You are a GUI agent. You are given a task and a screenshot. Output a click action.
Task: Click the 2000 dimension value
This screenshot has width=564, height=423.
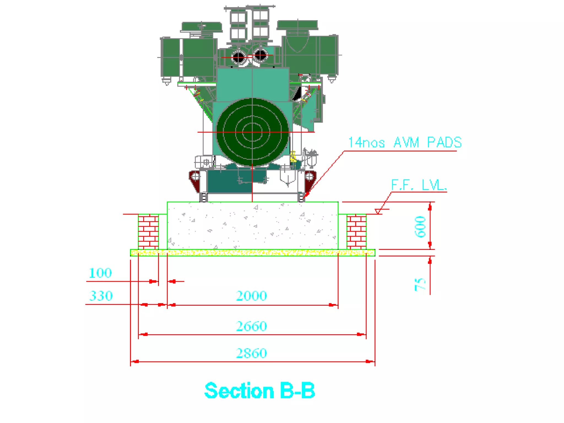coord(251,296)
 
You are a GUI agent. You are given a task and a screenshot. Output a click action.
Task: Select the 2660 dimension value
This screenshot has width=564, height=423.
coord(251,326)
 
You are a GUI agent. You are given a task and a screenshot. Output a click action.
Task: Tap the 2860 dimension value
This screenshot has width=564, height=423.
coord(251,353)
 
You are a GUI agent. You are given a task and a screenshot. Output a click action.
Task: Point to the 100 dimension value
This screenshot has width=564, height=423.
coord(100,273)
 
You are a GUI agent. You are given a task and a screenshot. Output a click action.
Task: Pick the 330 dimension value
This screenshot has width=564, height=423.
coord(101,296)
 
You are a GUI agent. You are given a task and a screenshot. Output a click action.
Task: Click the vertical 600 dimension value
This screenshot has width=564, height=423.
coord(421,227)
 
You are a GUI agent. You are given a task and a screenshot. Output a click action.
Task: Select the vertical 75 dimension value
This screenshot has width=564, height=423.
coord(420,284)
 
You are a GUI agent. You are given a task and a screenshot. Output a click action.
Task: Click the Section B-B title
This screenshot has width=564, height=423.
coord(259,391)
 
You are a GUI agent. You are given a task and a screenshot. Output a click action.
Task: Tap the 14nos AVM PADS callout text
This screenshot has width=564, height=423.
coord(405,143)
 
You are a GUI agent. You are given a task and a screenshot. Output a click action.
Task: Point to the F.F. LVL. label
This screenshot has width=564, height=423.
coord(419,185)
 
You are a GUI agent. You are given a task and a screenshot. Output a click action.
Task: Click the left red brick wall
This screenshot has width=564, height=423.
coord(148,231)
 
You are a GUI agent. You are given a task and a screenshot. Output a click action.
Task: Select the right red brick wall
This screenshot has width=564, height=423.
coord(356,231)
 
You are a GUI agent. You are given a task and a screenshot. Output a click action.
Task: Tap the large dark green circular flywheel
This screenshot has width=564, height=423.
coord(252,132)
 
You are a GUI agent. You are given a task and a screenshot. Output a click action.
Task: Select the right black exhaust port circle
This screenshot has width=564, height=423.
coord(260,55)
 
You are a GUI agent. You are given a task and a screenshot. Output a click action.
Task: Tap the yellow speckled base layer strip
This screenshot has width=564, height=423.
coord(252,253)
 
